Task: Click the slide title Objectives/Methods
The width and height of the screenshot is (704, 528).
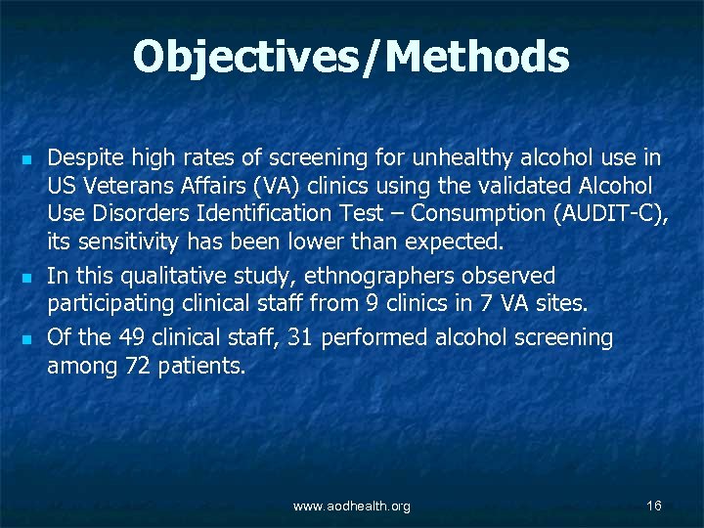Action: point(351,57)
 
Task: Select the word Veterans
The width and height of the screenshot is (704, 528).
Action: point(119,185)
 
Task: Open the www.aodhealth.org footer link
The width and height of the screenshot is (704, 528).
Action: point(352,506)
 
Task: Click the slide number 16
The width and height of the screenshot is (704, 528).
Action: point(654,505)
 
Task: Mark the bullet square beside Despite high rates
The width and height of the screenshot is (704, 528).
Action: point(26,158)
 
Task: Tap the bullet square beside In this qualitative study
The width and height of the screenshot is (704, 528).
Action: point(26,277)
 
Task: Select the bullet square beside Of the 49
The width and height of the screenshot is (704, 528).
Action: point(26,339)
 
